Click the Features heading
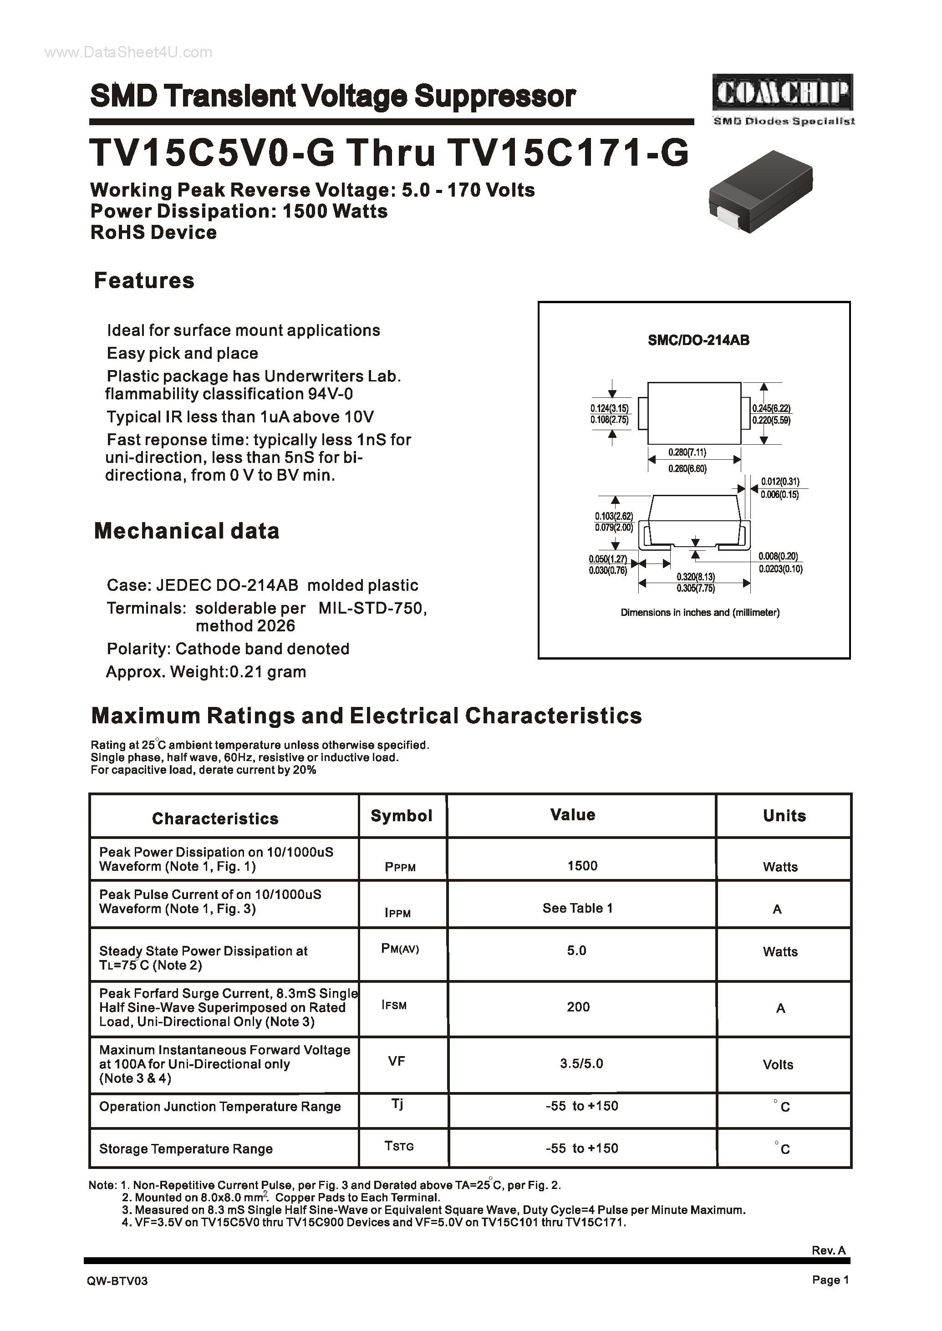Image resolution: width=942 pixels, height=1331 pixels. tap(144, 281)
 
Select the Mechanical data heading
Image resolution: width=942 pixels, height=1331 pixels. tap(186, 531)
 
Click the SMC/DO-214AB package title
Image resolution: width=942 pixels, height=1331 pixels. tap(698, 340)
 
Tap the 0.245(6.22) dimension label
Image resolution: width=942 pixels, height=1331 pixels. tap(771, 408)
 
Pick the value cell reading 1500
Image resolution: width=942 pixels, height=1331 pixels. tap(582, 865)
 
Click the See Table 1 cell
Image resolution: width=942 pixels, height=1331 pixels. tap(577, 908)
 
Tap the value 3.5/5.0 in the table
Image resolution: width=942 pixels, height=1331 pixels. tap(581, 1063)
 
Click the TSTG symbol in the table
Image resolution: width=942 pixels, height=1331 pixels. tap(399, 1146)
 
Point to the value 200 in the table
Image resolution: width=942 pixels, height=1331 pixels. tap(578, 1007)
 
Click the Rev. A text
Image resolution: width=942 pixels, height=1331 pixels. tap(828, 1250)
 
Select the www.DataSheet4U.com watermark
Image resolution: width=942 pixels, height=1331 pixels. tap(128, 53)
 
